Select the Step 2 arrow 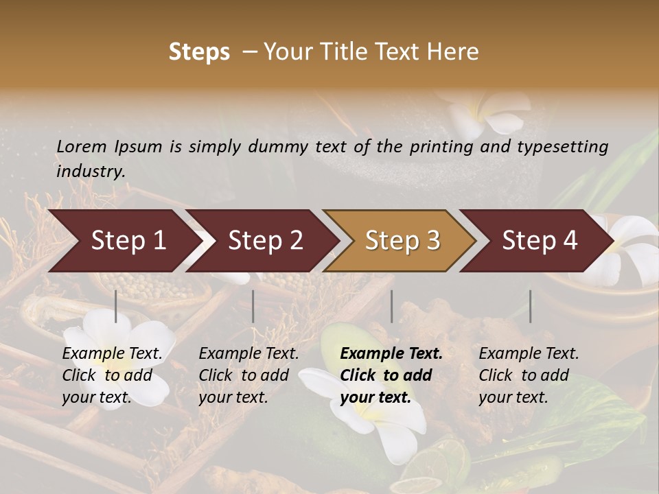pos(265,241)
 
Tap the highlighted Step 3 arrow pos(402,241)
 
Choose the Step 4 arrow pos(540,241)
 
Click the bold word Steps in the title pos(199,52)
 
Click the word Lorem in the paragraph pos(81,146)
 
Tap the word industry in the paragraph pos(90,171)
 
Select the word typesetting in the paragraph pos(562,146)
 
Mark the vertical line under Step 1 pos(116,306)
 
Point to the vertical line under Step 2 pos(253,306)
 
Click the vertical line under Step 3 pos(391,306)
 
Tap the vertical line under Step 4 pos(530,306)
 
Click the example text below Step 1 pos(112,375)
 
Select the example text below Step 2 pos(248,375)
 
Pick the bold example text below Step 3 pos(391,375)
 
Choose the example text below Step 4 pos(529,375)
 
